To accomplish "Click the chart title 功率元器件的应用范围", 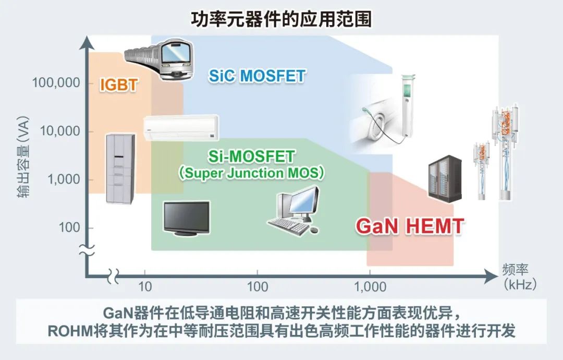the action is (x=281, y=19).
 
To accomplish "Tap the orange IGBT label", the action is (x=119, y=85).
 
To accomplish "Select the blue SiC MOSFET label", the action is (x=257, y=76).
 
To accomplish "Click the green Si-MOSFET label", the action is (x=251, y=157).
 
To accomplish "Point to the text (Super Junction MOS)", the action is (x=251, y=173).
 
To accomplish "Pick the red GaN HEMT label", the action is (x=410, y=226).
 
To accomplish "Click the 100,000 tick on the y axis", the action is (x=56, y=82).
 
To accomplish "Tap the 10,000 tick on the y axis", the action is (x=60, y=131).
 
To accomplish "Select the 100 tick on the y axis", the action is (x=69, y=227).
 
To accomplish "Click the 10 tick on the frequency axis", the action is (x=145, y=287).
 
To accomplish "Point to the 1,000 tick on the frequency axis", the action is (x=370, y=287).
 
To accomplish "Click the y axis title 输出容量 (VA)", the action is (x=23, y=157).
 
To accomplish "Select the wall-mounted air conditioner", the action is (x=181, y=127).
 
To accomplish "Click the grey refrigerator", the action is (x=120, y=169).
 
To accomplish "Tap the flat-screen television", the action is (x=186, y=218).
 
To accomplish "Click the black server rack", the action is (x=445, y=177).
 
